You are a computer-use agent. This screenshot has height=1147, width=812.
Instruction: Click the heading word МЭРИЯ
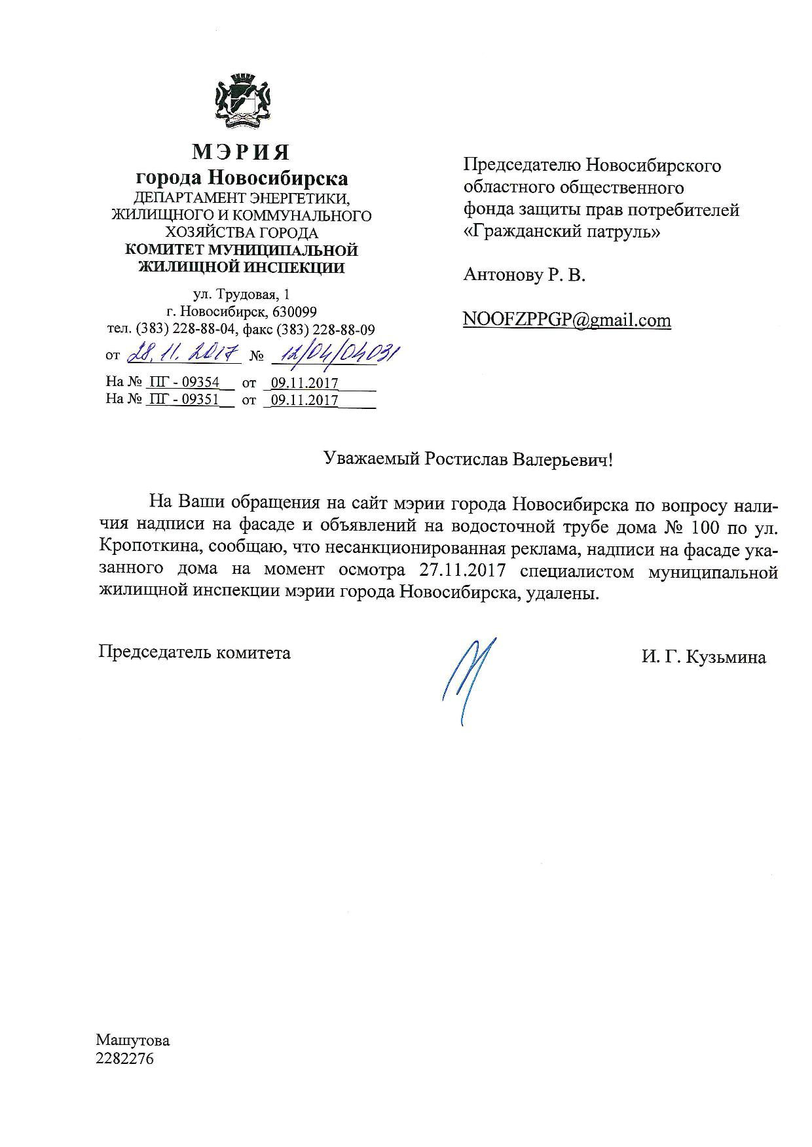[x=241, y=152]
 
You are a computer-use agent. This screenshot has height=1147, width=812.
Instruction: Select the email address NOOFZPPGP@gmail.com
[x=566, y=320]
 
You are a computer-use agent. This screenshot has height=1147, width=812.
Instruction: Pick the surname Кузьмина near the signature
[x=726, y=658]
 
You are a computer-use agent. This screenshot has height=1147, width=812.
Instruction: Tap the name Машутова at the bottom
[x=132, y=1040]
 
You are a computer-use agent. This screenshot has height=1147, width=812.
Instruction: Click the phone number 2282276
[x=124, y=1058]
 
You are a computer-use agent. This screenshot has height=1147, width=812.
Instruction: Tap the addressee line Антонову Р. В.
[x=524, y=275]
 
